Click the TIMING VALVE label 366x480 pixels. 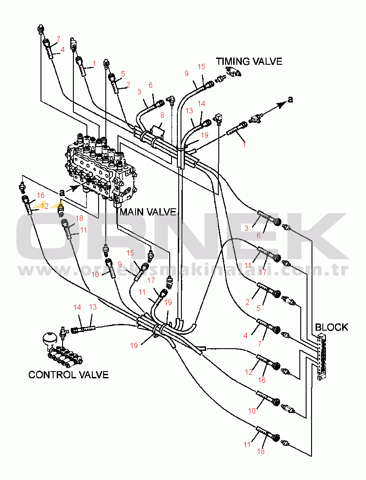pyautogui.click(x=249, y=61)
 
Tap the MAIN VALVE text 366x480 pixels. pyautogui.click(x=148, y=212)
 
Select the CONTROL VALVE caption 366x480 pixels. pyautogui.click(x=68, y=374)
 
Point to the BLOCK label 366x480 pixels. pyautogui.click(x=331, y=327)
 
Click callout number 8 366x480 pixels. pyautogui.click(x=162, y=115)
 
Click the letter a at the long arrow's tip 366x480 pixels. pyautogui.click(x=290, y=100)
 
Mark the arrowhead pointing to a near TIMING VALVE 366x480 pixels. pyautogui.click(x=282, y=104)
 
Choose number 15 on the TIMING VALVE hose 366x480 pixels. pyautogui.click(x=201, y=67)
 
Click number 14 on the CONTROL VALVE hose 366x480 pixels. pyautogui.click(x=77, y=307)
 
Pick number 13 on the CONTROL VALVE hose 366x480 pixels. pyautogui.click(x=93, y=307)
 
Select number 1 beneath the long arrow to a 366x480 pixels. pyautogui.click(x=244, y=144)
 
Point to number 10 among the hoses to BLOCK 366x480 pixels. pyautogui.click(x=251, y=410)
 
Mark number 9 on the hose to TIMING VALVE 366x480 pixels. pyautogui.click(x=186, y=73)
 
